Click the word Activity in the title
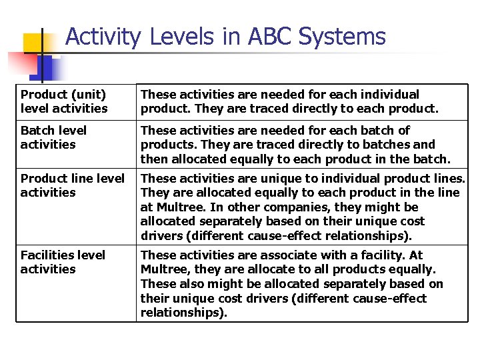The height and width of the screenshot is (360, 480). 103,37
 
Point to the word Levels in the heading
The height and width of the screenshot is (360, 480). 177,37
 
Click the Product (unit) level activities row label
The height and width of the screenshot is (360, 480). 63,101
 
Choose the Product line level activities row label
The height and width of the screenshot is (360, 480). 72,185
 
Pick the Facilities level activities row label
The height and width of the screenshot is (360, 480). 63,262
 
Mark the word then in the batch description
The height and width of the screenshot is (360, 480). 153,159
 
